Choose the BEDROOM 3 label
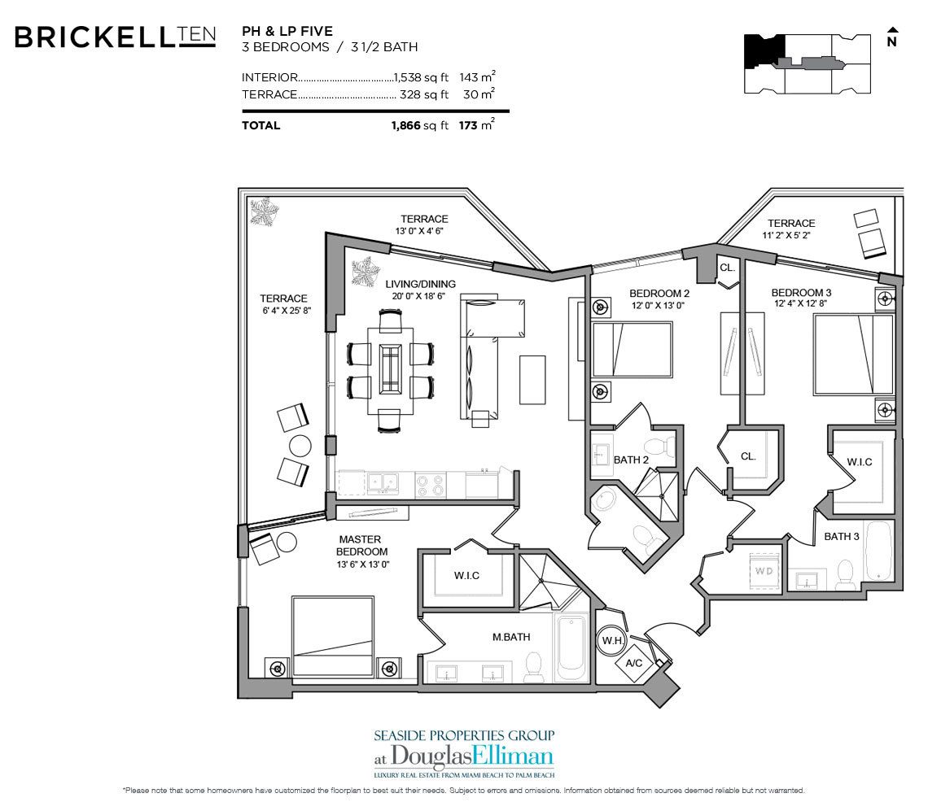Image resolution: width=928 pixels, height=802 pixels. point(802,293)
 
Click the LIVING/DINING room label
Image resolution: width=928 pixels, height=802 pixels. point(421,284)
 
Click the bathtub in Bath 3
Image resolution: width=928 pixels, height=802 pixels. point(879,557)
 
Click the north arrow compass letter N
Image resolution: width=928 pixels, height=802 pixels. point(891,42)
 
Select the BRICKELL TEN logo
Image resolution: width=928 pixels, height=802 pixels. point(115,37)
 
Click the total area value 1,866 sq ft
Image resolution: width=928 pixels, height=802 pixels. point(420,125)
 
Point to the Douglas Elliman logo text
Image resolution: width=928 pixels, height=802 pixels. point(463,753)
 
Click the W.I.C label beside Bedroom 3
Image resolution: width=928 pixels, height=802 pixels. point(859,462)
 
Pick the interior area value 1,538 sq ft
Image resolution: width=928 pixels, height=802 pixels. point(421,77)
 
